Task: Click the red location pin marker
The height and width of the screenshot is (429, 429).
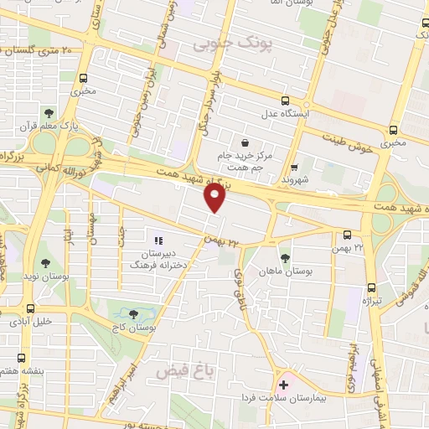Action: (x=215, y=198)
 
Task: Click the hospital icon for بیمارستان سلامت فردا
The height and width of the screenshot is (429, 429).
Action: (x=283, y=385)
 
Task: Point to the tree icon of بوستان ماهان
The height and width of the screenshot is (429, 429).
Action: (x=286, y=258)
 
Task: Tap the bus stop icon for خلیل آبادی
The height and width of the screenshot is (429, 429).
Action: (x=31, y=308)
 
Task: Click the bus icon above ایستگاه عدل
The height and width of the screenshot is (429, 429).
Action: (x=284, y=99)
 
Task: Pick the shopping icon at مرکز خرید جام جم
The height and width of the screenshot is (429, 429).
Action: (x=244, y=142)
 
